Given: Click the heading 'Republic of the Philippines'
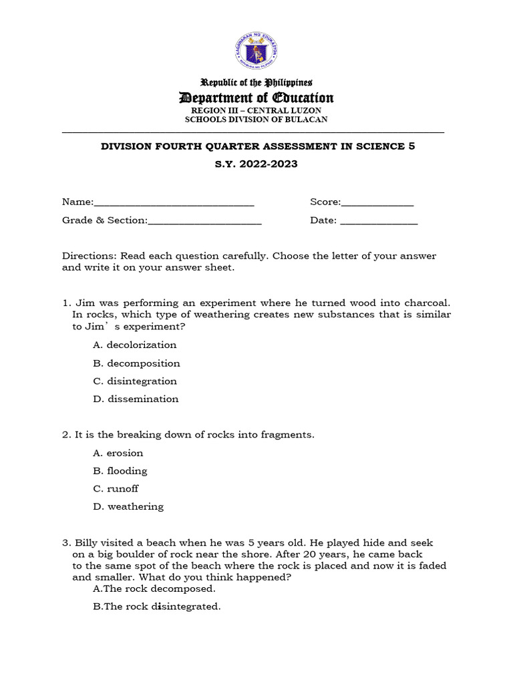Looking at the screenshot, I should (x=256, y=83).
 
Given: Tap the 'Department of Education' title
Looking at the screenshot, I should (x=256, y=98).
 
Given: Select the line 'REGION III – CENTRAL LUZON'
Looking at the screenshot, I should (x=256, y=110).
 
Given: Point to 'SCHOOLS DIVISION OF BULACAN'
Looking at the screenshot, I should (x=256, y=120).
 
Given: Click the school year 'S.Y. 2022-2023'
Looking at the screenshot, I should (x=256, y=164).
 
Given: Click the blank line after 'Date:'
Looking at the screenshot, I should (x=379, y=221).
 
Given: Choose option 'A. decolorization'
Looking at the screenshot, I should (x=135, y=345).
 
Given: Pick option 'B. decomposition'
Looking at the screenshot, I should (x=136, y=363).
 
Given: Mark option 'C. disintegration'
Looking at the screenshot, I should (x=135, y=381).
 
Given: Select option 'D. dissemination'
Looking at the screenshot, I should (x=136, y=399).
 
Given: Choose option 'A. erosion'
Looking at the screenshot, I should (x=118, y=453).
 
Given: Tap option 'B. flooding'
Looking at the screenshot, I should (x=120, y=471).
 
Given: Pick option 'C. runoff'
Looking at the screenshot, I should (x=116, y=489).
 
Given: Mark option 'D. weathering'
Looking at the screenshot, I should (x=128, y=507).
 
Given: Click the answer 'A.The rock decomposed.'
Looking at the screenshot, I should (x=154, y=589).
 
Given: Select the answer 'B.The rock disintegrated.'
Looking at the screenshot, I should (x=157, y=607).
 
